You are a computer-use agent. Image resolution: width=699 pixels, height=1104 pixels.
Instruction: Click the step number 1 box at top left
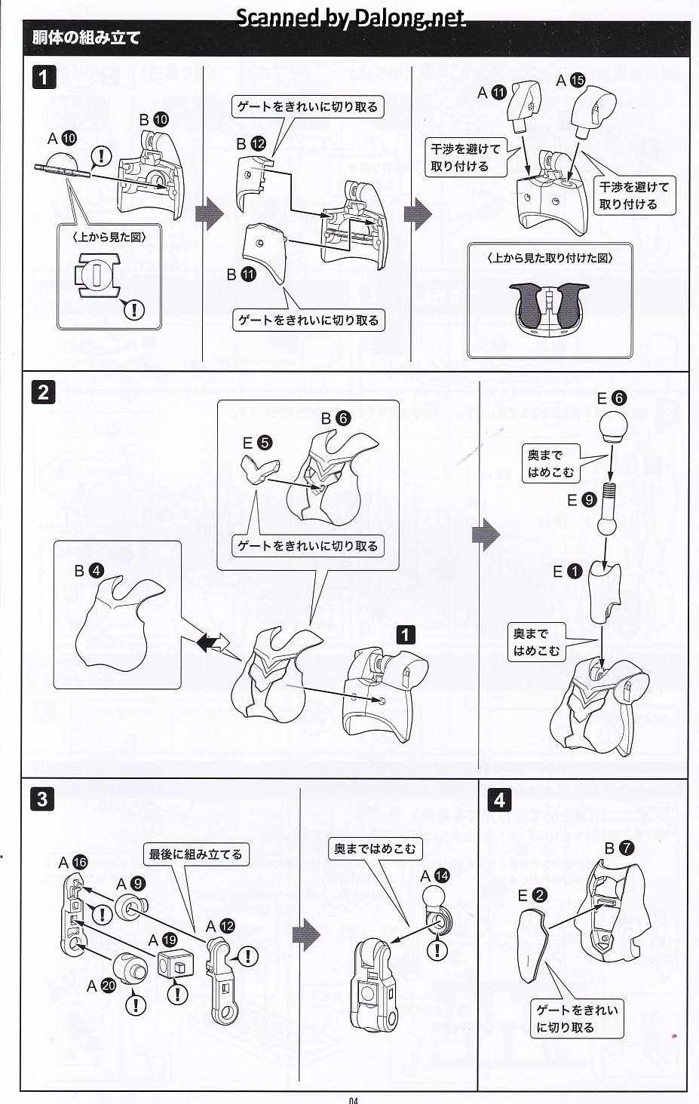coord(44,77)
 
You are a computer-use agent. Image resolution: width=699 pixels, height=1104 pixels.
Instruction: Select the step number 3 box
coord(42,799)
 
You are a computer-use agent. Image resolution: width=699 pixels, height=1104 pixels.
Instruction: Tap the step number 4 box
coord(499,799)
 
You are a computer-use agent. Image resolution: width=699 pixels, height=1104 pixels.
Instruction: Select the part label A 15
coord(570,81)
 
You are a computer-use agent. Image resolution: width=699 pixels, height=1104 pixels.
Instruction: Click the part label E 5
coord(257,443)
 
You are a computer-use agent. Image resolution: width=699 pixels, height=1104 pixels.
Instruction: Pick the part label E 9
coord(581,499)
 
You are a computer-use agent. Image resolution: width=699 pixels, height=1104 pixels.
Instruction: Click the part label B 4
coord(88,571)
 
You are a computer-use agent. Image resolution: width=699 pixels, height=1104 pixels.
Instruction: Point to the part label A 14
coord(434,876)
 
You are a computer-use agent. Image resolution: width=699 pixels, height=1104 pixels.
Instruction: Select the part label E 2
coord(532,896)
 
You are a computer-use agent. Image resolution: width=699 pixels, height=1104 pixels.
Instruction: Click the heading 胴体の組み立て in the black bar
coord(86,38)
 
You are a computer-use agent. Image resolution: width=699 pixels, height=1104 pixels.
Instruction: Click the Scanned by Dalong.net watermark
coord(351,17)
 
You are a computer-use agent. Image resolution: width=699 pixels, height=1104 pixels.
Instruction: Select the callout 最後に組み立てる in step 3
coord(195,854)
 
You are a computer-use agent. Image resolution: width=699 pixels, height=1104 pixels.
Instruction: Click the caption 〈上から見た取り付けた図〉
coord(550,258)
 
